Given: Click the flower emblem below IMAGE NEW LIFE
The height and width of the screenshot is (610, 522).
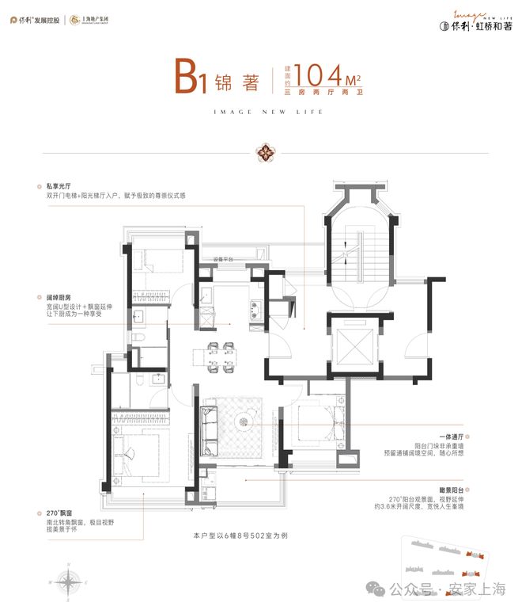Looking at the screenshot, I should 261,150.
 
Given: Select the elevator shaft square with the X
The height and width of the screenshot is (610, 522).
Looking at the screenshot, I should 350,344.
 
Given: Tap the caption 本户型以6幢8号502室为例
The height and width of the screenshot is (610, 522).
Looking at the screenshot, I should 260,536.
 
